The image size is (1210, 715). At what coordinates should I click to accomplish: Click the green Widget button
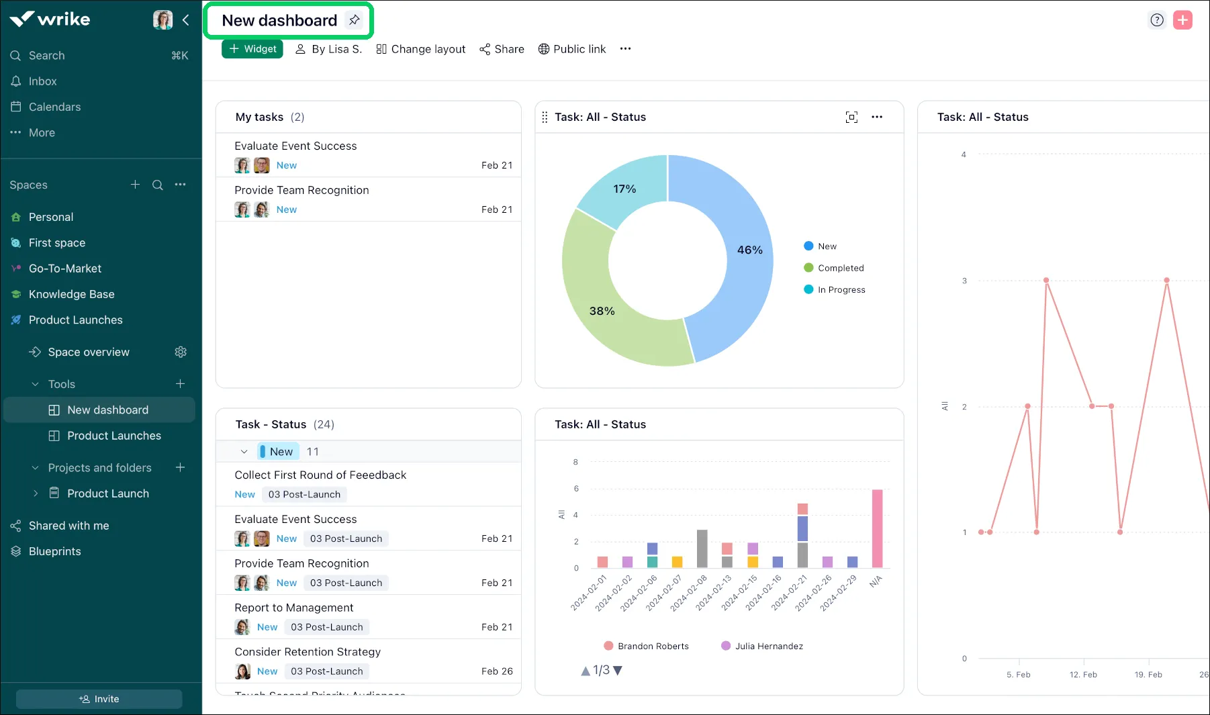point(252,49)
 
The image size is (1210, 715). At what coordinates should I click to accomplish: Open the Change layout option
point(420,49)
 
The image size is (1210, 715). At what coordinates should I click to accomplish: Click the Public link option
point(572,49)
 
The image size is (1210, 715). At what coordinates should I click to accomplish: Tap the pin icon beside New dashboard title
point(354,20)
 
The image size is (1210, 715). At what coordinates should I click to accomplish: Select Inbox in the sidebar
point(42,81)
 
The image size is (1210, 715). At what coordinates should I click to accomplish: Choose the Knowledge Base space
point(71,294)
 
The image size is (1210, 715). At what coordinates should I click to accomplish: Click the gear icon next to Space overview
point(181,352)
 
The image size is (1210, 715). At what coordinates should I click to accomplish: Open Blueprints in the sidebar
point(54,551)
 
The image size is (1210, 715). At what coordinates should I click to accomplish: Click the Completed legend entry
point(840,268)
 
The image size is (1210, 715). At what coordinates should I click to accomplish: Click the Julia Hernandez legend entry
point(768,646)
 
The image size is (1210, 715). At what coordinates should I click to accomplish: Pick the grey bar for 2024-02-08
point(702,549)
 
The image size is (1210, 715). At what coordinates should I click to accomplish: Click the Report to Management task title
point(293,608)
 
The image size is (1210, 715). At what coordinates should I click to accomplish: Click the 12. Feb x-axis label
point(1083,674)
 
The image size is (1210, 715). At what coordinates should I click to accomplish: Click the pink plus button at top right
point(1182,20)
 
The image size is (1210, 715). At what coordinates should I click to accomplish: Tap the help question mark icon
point(1157,20)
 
